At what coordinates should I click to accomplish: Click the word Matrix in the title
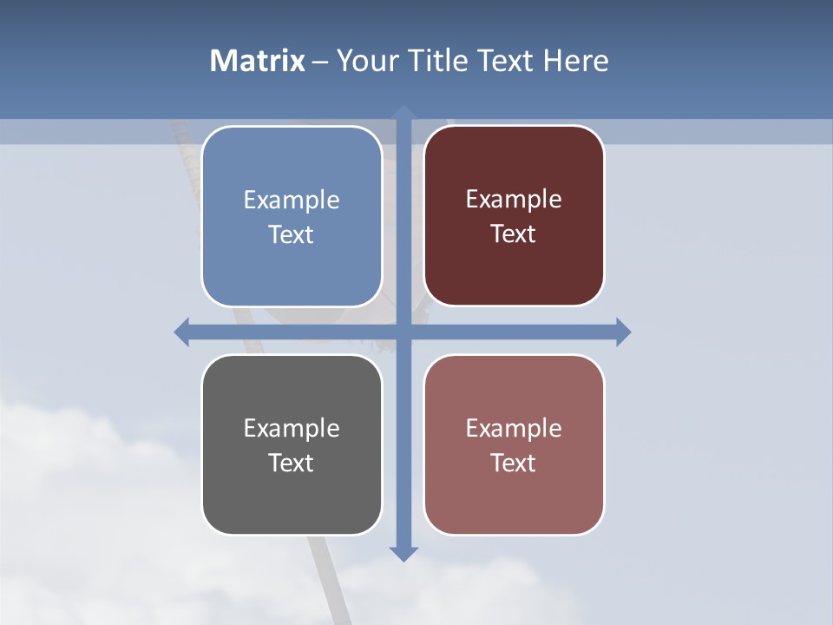click(x=258, y=61)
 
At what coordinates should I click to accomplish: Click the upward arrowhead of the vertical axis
click(x=403, y=113)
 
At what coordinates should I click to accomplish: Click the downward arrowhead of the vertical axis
click(x=403, y=554)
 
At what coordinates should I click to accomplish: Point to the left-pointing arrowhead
click(x=182, y=332)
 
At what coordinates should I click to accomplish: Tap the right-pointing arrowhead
click(x=623, y=332)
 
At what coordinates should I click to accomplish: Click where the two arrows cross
click(x=403, y=332)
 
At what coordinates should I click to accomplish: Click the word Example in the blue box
click(x=292, y=201)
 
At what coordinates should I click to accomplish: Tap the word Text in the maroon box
click(x=514, y=234)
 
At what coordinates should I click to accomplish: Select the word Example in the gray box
click(x=292, y=429)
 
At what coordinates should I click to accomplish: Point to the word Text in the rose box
click(x=514, y=463)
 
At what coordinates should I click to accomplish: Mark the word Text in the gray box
click(x=292, y=463)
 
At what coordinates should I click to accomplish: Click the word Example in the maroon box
click(x=514, y=200)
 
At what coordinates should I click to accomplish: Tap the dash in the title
click(x=321, y=62)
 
